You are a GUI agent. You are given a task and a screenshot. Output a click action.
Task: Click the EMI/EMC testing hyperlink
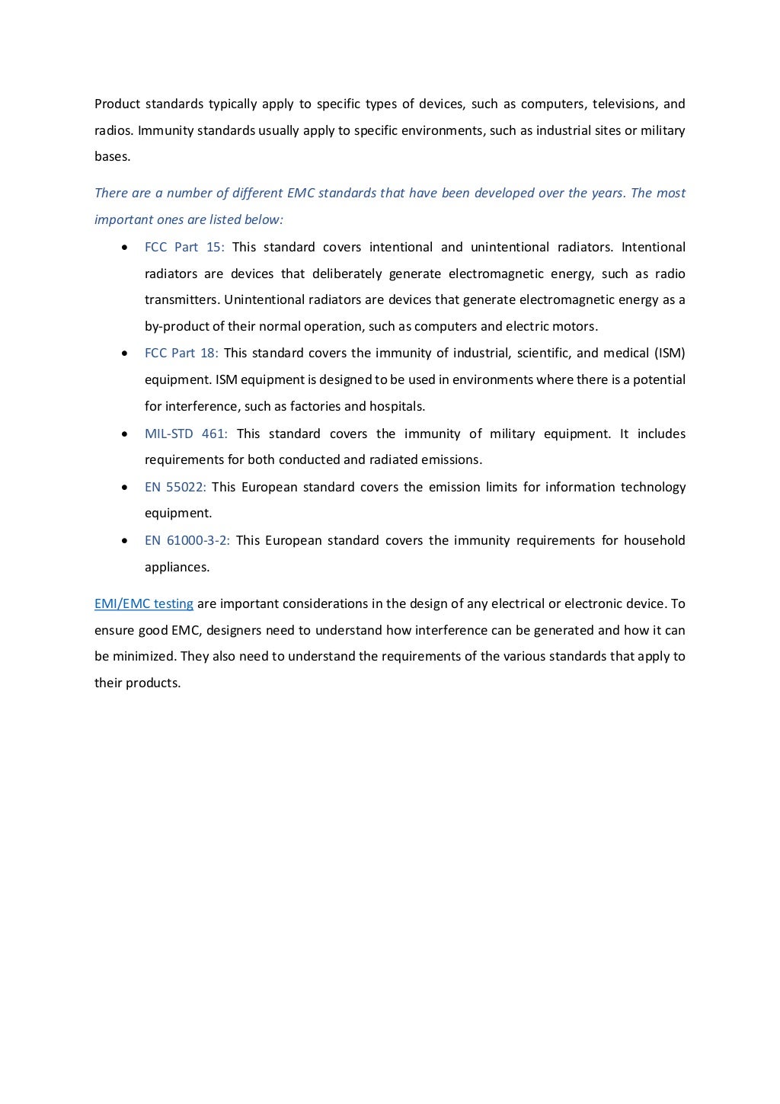(143, 604)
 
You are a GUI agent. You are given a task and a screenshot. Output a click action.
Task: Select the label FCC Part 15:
(184, 247)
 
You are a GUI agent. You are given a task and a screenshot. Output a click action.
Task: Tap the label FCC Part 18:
(181, 354)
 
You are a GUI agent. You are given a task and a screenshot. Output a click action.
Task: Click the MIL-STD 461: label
(186, 434)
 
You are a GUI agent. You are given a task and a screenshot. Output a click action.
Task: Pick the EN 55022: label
(175, 487)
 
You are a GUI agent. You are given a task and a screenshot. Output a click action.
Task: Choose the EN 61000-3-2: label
(187, 540)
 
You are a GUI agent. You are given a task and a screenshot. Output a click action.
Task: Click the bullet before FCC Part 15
(124, 248)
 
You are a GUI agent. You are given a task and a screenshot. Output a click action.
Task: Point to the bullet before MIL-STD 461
(124, 434)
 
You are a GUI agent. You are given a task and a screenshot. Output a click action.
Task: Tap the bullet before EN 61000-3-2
(124, 541)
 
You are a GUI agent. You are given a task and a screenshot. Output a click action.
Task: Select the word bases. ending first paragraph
(112, 157)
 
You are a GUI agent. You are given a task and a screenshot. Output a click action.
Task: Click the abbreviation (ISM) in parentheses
(670, 354)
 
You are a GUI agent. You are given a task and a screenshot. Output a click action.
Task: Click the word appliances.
(177, 567)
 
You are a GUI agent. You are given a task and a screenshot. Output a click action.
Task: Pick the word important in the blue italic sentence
(121, 220)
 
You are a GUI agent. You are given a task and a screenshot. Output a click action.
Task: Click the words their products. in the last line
(137, 683)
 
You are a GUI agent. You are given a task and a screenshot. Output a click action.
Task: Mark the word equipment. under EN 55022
(178, 514)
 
